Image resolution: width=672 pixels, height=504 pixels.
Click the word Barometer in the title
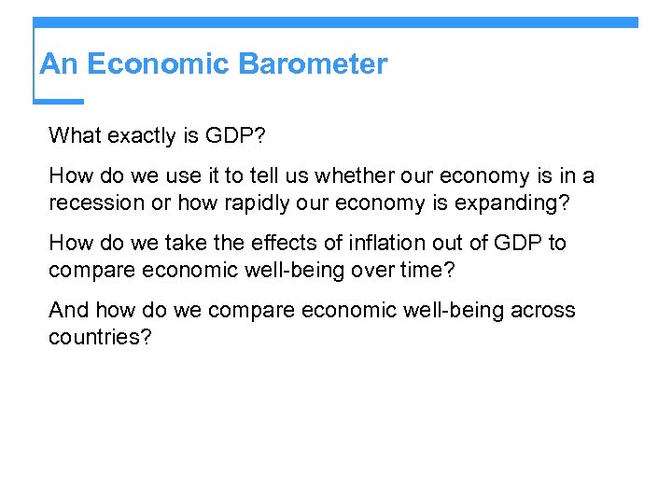pyautogui.click(x=313, y=64)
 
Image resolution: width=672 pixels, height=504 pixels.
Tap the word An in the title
pyautogui.click(x=56, y=64)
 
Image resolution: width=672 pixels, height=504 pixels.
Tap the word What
pyautogui.click(x=74, y=136)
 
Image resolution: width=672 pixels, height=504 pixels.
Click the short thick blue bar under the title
pyautogui.click(x=59, y=101)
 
